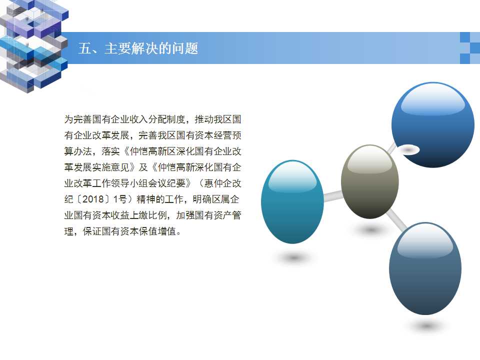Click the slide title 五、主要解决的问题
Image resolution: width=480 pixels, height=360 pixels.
click(138, 48)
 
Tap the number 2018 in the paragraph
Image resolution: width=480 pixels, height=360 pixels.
click(93, 199)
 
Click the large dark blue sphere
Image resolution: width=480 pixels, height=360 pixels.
click(433, 124)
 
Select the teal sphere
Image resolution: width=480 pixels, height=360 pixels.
click(292, 201)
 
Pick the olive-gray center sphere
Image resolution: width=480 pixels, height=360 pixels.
click(370, 181)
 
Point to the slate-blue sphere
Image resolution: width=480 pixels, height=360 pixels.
click(425, 268)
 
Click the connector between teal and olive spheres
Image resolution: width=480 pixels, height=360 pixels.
click(333, 195)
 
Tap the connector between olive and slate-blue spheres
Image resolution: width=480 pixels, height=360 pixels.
click(396, 219)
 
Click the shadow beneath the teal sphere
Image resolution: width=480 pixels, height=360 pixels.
click(293, 258)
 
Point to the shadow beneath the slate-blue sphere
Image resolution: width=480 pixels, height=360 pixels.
click(426, 326)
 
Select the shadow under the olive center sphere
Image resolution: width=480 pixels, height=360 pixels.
click(370, 229)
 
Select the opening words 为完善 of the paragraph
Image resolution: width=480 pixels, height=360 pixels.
click(78, 119)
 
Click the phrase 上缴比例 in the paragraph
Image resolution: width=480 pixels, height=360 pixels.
click(148, 215)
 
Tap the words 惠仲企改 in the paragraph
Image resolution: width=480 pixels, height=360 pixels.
click(222, 183)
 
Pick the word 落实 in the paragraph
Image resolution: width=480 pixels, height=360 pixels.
click(111, 151)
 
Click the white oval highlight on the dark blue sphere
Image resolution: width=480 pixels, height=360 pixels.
click(408, 149)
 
